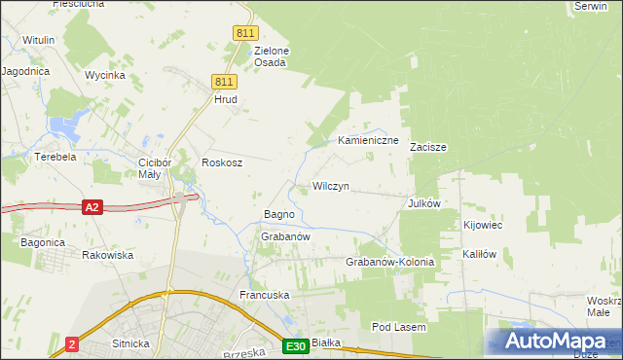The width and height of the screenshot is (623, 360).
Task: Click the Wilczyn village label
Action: tap(331, 186)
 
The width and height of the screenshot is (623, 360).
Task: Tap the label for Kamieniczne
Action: tap(369, 141)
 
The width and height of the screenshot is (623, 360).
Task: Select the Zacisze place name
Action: tap(428, 148)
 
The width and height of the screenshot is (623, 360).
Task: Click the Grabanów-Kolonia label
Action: tap(389, 263)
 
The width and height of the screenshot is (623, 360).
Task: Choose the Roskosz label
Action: tap(221, 163)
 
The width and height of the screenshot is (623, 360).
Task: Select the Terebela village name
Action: tap(55, 157)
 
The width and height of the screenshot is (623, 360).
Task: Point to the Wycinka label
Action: tap(104, 75)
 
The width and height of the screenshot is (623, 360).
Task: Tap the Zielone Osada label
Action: tap(272, 56)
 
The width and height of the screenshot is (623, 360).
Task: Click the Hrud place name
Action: tap(226, 99)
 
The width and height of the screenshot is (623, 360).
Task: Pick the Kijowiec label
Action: tap(483, 226)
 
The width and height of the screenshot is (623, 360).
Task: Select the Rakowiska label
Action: tap(107, 255)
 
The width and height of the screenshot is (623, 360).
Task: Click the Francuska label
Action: tap(265, 294)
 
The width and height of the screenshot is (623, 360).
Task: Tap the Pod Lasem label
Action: tap(399, 328)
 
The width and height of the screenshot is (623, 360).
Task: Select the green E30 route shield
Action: tap(297, 346)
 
